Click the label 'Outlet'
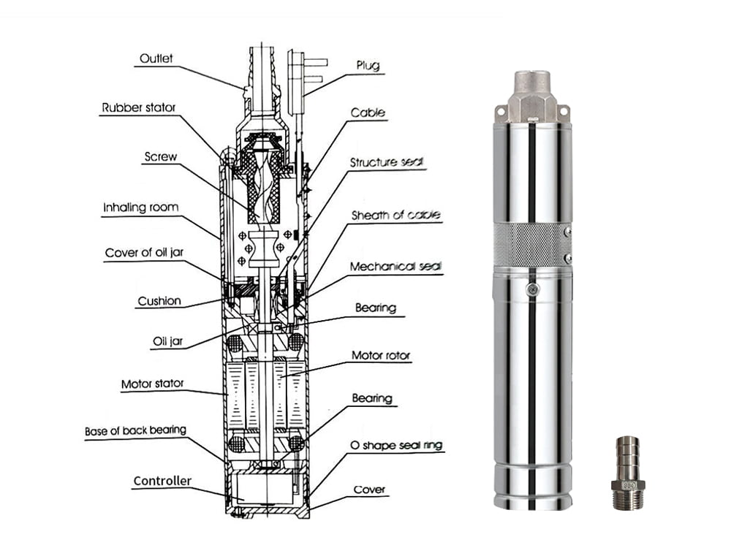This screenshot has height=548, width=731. (156, 58)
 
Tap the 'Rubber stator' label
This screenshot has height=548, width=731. (139, 109)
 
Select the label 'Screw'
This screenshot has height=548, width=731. (160, 157)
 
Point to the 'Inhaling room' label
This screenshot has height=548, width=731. (140, 208)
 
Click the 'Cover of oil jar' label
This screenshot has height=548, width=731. (143, 254)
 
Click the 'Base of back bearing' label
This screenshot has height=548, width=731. (135, 430)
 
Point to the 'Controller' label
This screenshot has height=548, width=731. (162, 481)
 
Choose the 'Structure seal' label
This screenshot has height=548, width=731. (387, 162)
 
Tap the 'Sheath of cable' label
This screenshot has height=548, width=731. (395, 216)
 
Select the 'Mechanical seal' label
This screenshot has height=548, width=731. (395, 267)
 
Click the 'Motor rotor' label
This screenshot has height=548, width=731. (381, 356)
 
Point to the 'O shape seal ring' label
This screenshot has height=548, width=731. (396, 445)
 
